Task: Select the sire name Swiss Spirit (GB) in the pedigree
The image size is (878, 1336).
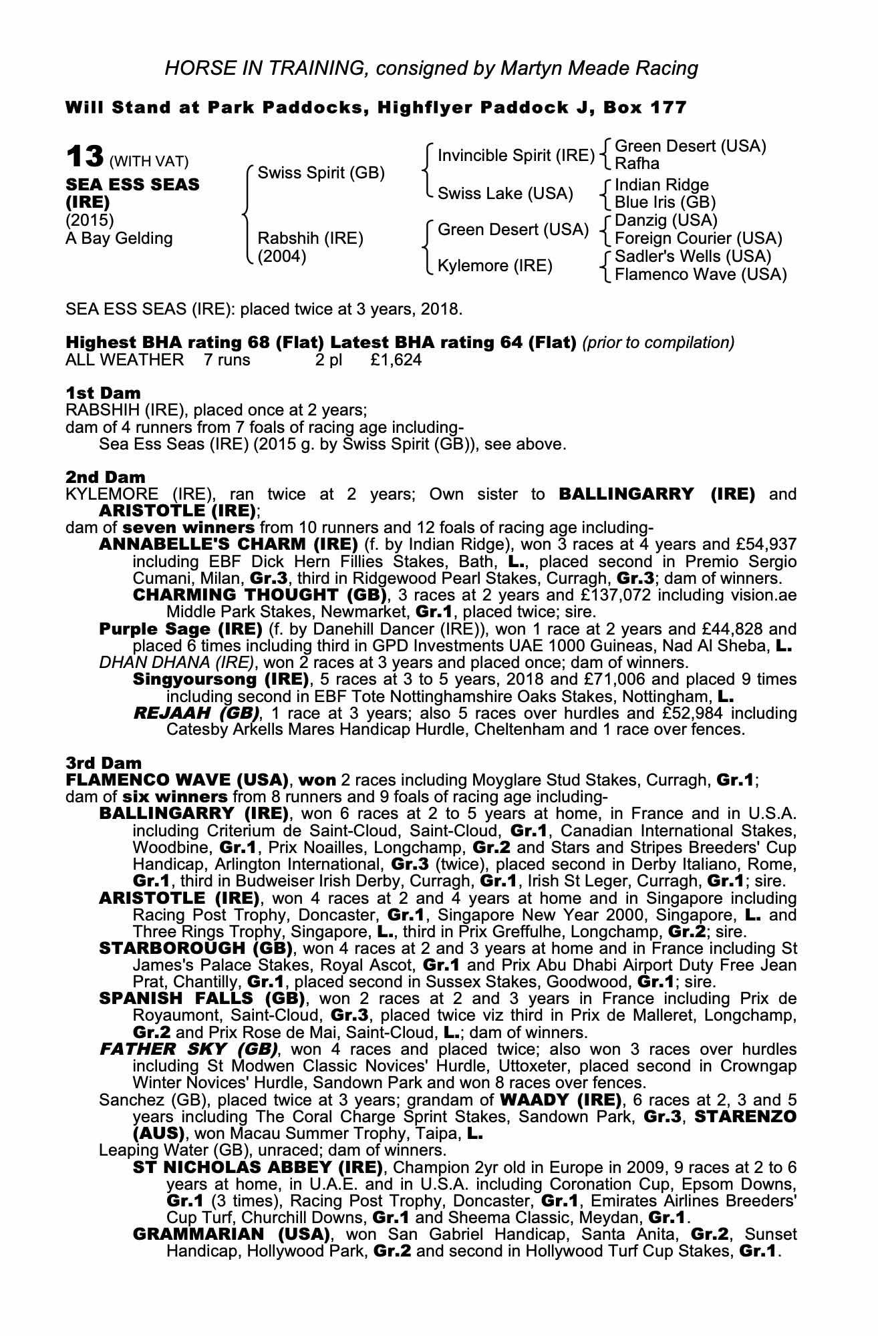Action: coord(321,173)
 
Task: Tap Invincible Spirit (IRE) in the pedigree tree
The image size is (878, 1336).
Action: coord(515,156)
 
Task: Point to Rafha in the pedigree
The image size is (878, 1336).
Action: coord(637,164)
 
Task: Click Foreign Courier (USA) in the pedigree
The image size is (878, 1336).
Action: coord(698,238)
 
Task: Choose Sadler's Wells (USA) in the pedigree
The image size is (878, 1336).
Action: coord(692,257)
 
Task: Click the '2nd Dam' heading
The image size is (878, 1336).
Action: coord(106,477)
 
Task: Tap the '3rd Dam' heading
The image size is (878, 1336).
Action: coord(104,762)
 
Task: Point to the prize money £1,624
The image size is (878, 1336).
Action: coord(395,360)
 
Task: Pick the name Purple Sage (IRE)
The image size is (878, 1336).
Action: coord(180,629)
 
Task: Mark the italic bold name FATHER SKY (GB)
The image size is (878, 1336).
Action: coord(184,1049)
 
